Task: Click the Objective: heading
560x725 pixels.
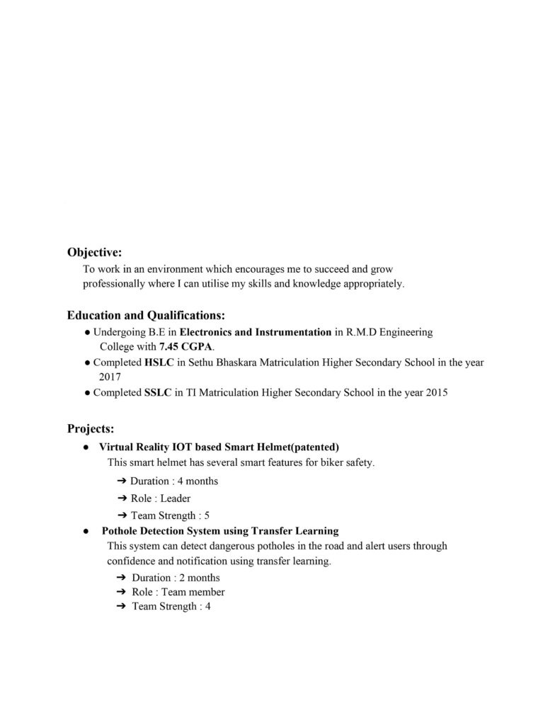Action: [x=94, y=252]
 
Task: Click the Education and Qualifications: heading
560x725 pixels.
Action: [x=147, y=315]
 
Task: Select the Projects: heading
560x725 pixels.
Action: [x=91, y=428]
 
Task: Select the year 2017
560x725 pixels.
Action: [x=110, y=377]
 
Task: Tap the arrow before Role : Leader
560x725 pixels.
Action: [x=122, y=498]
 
